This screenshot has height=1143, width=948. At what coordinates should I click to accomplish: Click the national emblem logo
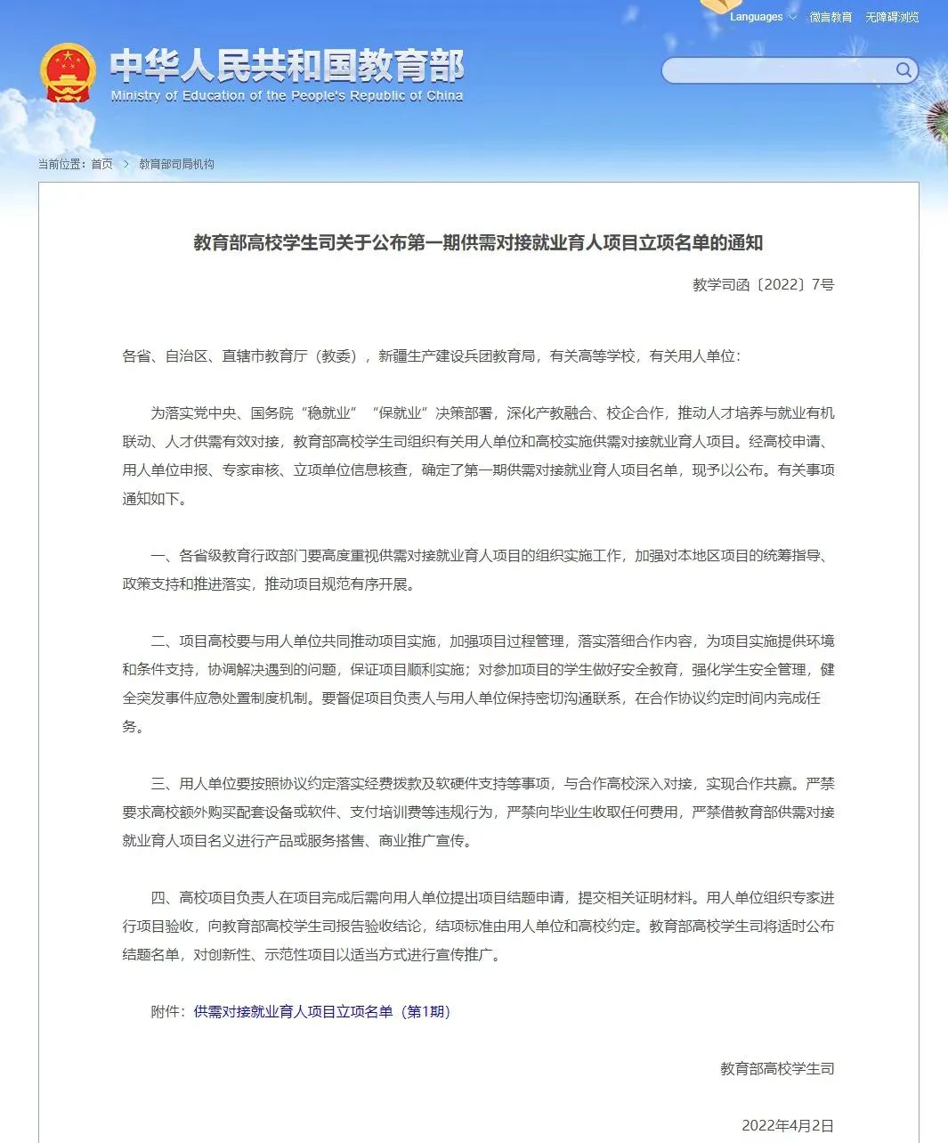(68, 73)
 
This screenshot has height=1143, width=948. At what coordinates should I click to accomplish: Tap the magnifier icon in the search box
(903, 70)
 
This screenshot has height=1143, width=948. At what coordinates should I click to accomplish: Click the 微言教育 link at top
(831, 17)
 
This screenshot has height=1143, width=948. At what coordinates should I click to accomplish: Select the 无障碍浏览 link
(892, 17)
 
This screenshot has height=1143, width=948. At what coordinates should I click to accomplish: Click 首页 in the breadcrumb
(101, 164)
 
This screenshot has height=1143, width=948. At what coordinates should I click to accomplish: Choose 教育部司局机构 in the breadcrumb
(176, 164)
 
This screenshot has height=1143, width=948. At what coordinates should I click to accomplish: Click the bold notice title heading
(478, 242)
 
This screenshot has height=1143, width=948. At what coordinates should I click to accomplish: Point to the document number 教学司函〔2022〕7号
(763, 285)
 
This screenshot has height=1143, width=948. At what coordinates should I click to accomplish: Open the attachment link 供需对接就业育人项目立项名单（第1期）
(322, 1012)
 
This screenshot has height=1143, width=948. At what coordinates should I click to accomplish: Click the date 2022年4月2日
(788, 1125)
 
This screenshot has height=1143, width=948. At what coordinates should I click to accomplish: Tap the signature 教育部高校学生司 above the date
(777, 1068)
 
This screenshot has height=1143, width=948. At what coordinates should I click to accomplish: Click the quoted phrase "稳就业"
(328, 413)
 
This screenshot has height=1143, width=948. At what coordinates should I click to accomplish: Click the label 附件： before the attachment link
(171, 1012)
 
